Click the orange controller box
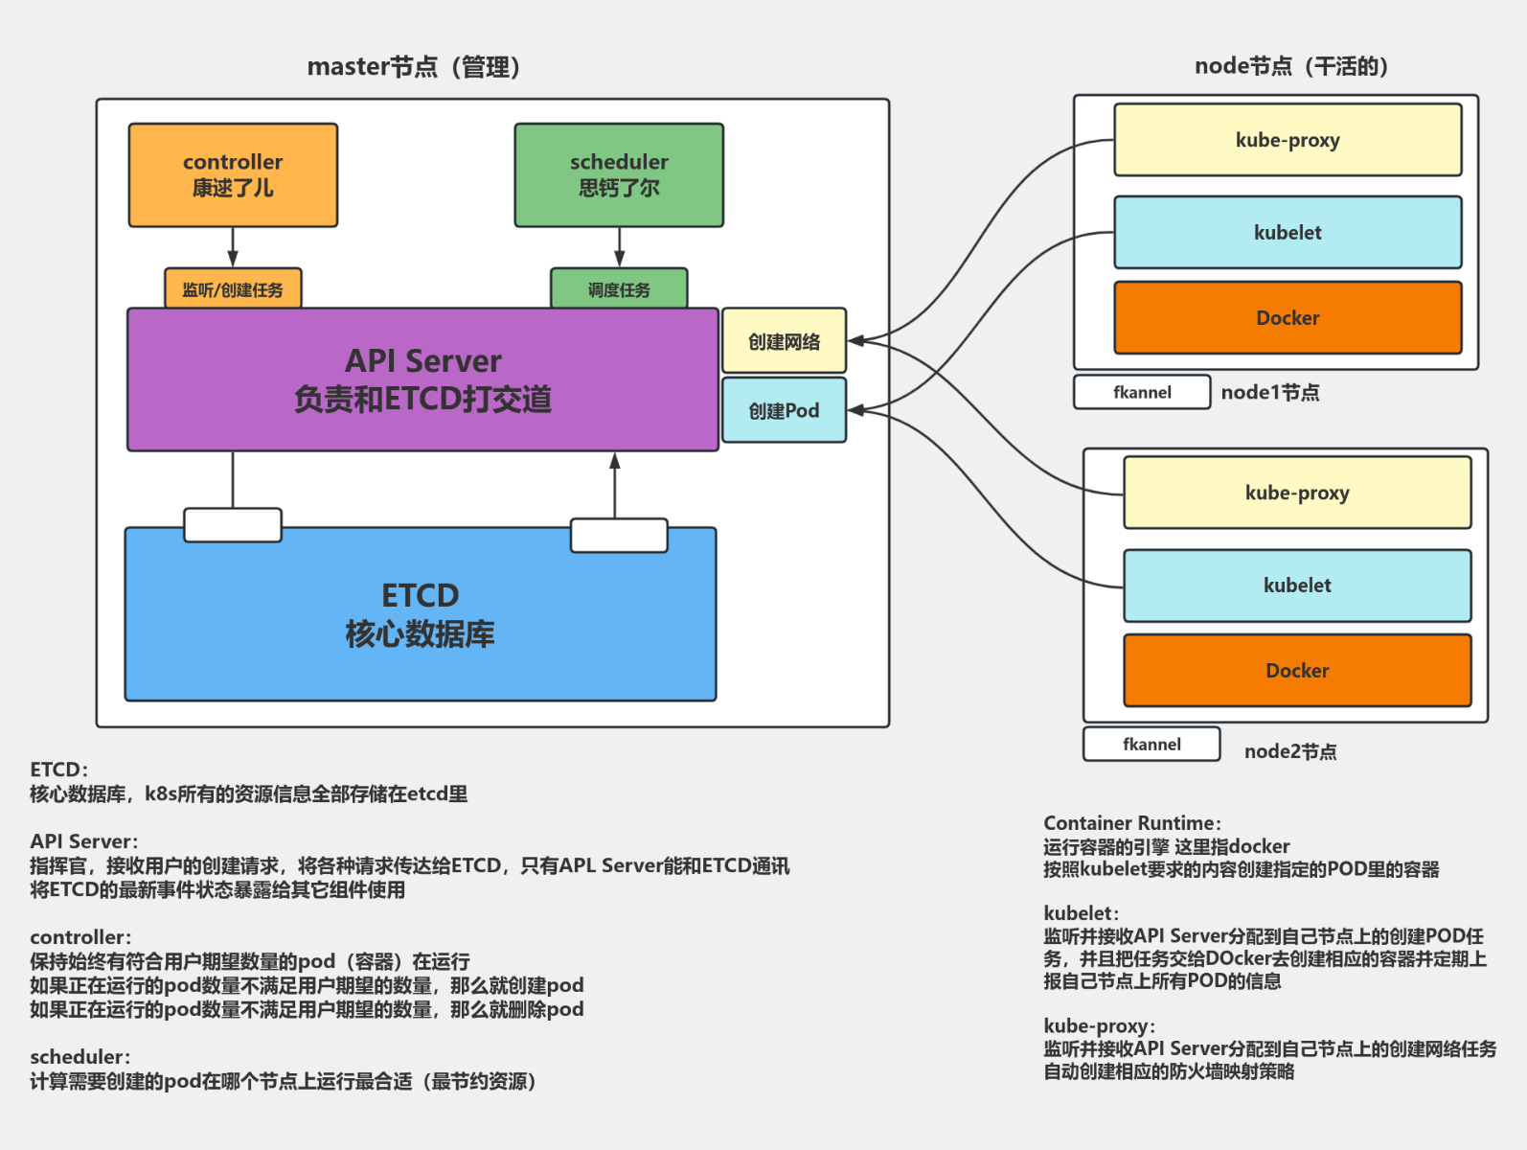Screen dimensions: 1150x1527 tap(233, 174)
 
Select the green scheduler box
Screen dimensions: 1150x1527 tap(619, 174)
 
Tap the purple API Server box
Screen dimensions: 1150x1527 tap(422, 379)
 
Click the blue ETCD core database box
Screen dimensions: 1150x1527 tap(420, 614)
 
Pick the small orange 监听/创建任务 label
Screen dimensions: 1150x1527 tap(233, 289)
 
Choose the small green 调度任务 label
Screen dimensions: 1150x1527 tap(619, 289)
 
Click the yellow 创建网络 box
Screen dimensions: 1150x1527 tap(784, 341)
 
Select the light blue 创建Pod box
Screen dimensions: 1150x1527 tap(784, 410)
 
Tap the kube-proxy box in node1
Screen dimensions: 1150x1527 tap(1288, 140)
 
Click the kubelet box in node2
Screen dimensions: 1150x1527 tap(1297, 586)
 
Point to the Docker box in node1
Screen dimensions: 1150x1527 tap(1288, 318)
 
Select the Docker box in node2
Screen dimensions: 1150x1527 tap(1297, 671)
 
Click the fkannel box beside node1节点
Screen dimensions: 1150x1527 tap(1142, 392)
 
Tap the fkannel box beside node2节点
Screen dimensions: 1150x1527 tap(1151, 745)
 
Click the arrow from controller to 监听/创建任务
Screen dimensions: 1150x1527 tap(233, 247)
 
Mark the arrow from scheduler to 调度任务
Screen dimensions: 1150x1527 tap(619, 247)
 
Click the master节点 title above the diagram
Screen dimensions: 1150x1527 tap(413, 67)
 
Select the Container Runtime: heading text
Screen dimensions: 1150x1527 tap(1131, 823)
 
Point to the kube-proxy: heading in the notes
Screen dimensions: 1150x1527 tap(1099, 1026)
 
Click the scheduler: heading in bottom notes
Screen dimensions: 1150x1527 tap(80, 1057)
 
